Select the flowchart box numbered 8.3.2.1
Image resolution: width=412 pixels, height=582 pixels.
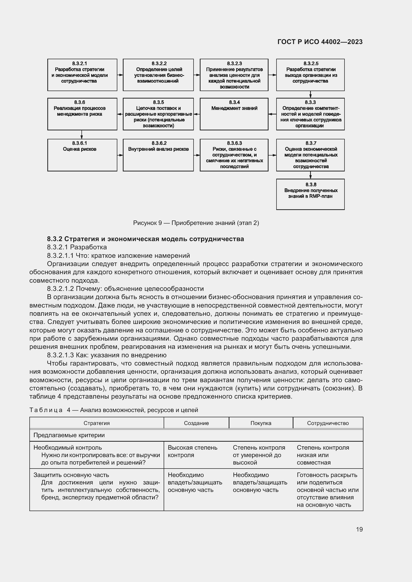click(82, 75)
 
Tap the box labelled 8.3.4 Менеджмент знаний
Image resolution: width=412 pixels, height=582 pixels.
click(234, 114)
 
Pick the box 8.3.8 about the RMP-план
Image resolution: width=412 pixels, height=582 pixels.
click(310, 194)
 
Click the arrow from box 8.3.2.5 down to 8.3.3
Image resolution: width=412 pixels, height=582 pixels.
click(310, 95)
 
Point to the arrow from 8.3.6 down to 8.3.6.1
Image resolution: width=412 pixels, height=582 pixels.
click(81, 135)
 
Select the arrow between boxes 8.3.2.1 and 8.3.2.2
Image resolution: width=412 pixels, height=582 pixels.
click(120, 75)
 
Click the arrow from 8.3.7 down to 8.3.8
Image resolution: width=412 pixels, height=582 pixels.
click(310, 175)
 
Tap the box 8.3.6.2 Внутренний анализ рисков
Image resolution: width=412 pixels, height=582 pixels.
click(158, 155)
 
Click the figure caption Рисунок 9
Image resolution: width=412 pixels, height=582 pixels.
click(196, 223)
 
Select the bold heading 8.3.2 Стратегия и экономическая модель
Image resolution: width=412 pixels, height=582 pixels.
click(145, 239)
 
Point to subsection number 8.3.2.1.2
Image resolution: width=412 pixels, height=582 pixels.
click(60, 289)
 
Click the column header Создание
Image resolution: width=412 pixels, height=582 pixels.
click(196, 423)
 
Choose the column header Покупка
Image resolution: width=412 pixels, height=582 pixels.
click(261, 423)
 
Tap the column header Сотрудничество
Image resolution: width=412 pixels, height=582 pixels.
click(328, 423)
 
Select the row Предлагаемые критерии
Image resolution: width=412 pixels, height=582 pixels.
click(69, 435)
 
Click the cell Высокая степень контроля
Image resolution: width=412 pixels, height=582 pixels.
click(192, 451)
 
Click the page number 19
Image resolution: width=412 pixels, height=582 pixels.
click(359, 529)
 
